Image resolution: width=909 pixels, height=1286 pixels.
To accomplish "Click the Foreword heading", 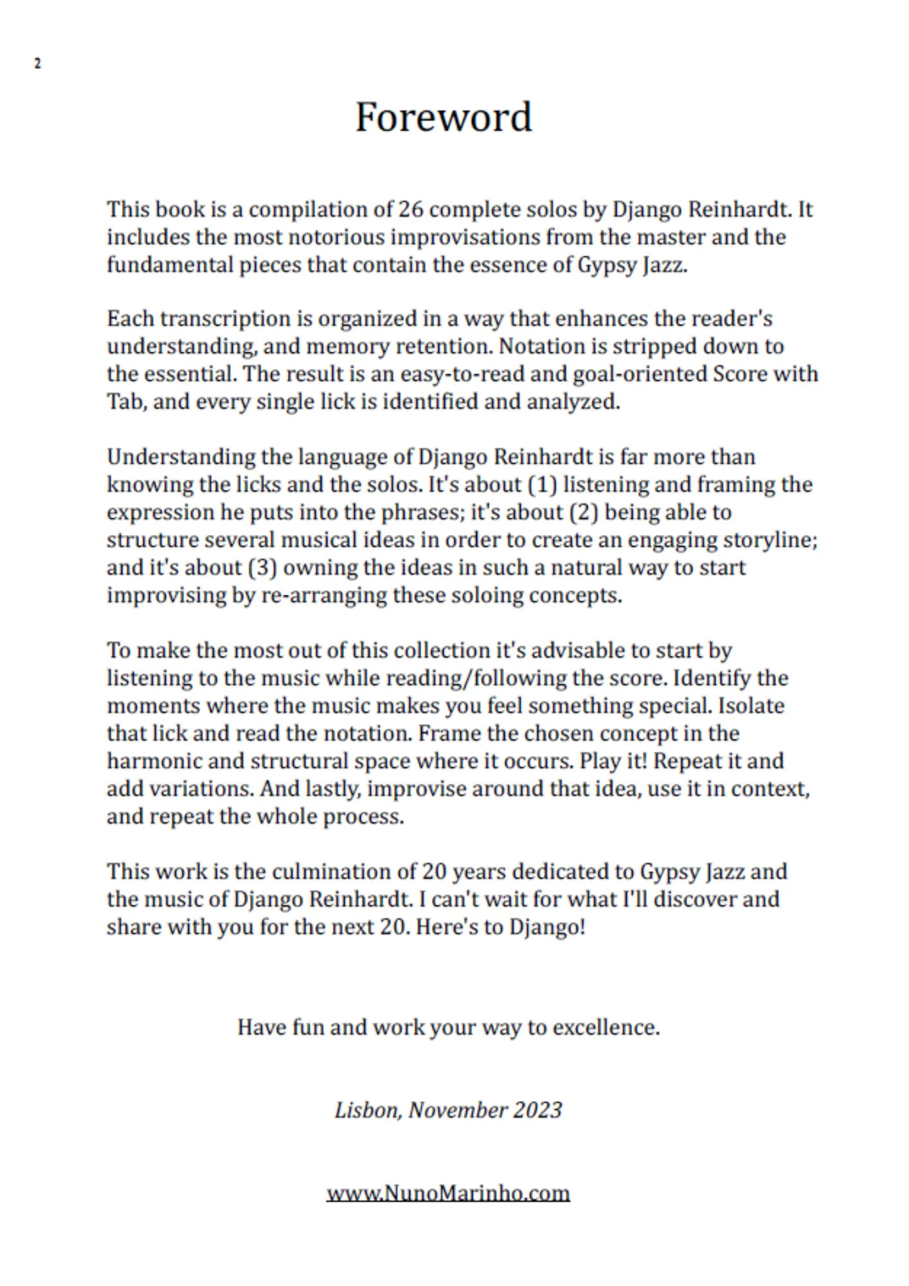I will point(444,118).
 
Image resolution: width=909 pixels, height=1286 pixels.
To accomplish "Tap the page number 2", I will point(37,64).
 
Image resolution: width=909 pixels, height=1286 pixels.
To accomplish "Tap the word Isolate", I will point(751,706).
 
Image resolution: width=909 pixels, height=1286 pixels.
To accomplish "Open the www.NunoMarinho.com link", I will point(448,1193).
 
